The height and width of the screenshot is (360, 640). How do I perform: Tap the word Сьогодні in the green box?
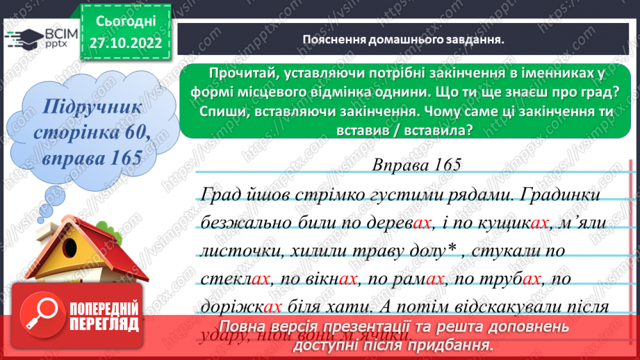point(126,21)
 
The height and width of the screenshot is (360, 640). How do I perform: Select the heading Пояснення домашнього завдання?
point(403,40)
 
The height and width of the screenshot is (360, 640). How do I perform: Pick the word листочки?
point(236,249)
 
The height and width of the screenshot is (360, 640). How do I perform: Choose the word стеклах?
point(233,279)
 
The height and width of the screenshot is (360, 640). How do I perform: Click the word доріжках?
point(240,306)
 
